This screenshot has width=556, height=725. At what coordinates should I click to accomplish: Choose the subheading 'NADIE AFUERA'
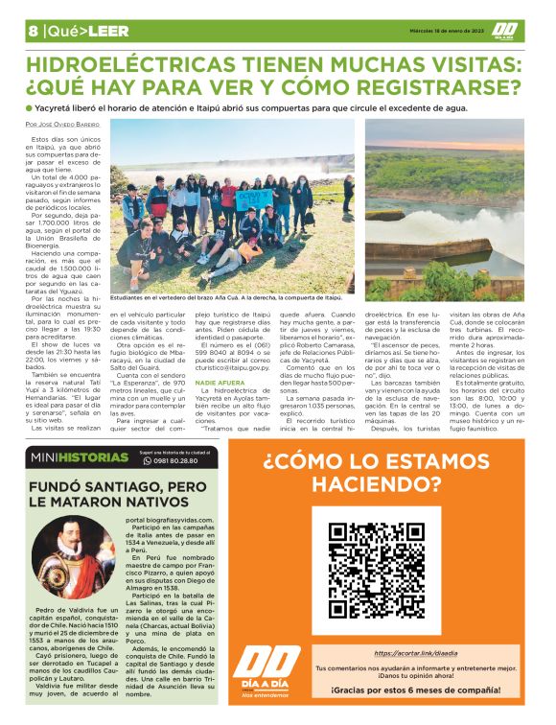click(x=220, y=382)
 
